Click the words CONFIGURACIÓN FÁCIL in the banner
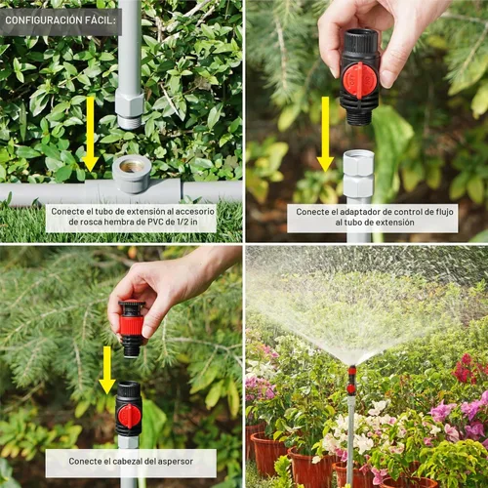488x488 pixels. [x=61, y=20]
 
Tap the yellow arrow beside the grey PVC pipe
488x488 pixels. [x=90, y=134]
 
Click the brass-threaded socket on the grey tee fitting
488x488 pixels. [x=132, y=166]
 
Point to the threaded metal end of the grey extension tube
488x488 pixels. [x=130, y=121]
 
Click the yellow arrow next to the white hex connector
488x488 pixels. [x=325, y=134]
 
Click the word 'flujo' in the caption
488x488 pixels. [x=444, y=212]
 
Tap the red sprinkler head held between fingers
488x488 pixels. [x=132, y=325]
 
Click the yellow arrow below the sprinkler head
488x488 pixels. [x=107, y=370]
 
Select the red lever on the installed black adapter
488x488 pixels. [x=129, y=417]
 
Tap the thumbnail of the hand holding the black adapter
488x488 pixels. [x=366, y=121]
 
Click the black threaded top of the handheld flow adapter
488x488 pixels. [x=361, y=41]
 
